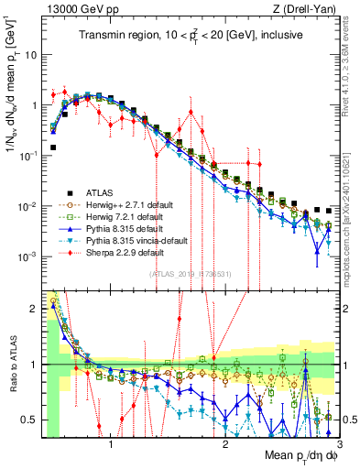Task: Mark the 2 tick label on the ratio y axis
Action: click(33, 309)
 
